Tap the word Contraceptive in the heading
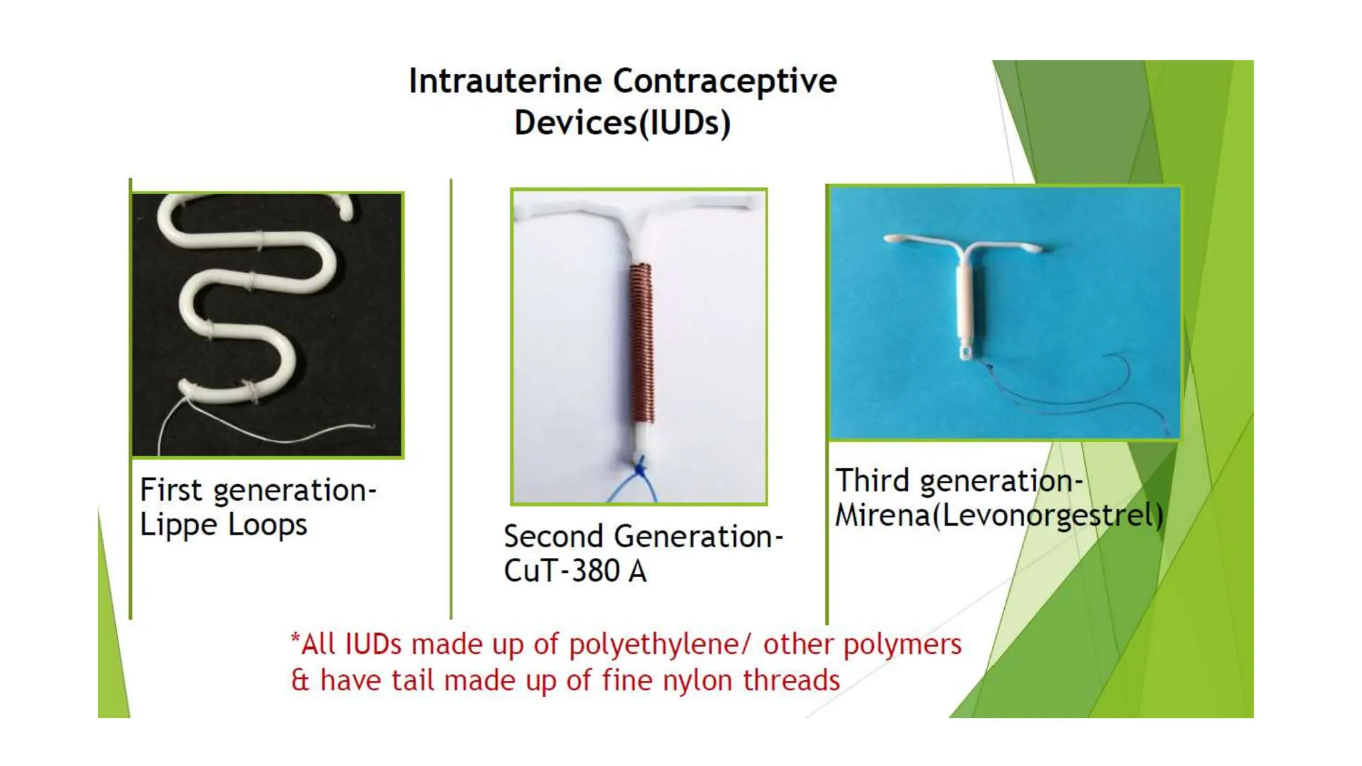pos(725,81)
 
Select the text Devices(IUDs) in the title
pos(622,123)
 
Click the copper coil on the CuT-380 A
pos(641,342)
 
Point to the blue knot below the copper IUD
pos(640,467)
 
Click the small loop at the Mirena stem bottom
pos(966,350)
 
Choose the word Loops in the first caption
pos(267,525)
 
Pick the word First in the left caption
pos(171,490)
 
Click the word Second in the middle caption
pos(553,537)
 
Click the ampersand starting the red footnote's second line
pos(300,681)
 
